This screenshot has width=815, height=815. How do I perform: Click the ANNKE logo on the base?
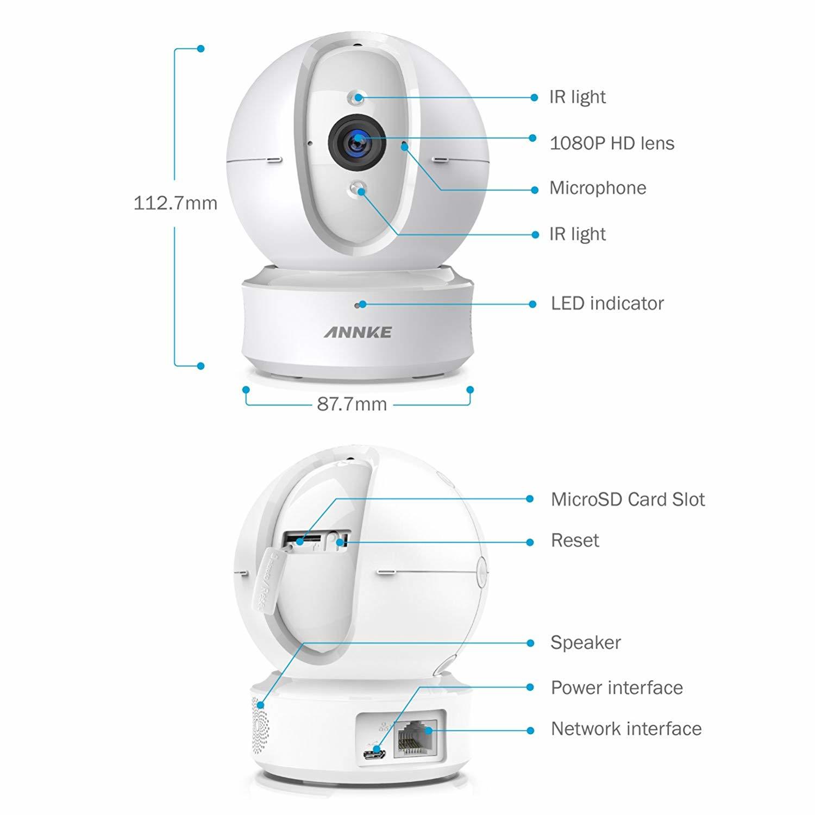358,332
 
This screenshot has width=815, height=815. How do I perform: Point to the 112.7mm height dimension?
175,203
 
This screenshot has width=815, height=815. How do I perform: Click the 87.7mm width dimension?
352,404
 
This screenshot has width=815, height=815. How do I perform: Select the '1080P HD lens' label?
612,143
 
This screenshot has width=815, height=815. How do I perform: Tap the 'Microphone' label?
598,188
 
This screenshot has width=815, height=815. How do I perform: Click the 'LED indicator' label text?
607,303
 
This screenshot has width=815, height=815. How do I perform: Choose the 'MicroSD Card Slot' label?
628,499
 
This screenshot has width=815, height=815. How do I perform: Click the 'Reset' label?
575,541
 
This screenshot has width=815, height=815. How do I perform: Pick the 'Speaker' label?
586,643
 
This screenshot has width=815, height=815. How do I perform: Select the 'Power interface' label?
617,688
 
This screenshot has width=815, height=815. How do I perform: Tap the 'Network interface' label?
626,729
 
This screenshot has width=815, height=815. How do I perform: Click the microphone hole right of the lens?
404,146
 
